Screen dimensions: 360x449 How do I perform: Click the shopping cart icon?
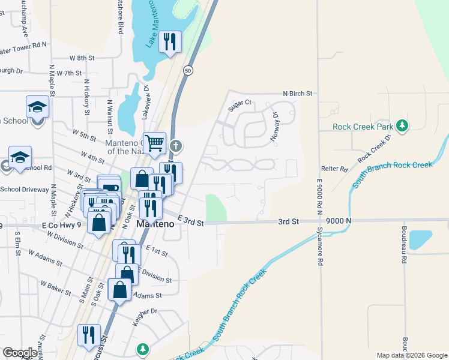[155, 142]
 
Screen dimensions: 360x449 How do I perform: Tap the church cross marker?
[175, 145]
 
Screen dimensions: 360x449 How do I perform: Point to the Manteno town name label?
[155, 223]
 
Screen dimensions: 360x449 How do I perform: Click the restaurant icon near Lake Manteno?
[170, 41]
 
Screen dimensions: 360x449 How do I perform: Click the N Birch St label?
[298, 94]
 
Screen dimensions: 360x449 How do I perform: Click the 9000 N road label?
[339, 221]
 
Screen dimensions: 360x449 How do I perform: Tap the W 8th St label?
[82, 58]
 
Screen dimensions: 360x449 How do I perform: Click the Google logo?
[20, 353]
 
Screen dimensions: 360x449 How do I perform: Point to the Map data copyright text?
[411, 355]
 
